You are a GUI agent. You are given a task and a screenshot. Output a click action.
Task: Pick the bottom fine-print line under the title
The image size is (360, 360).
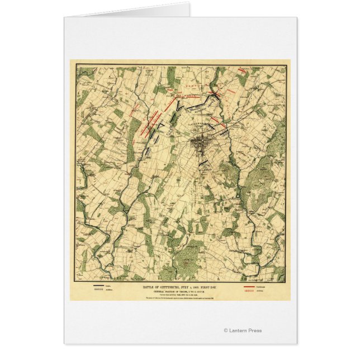[x=179, y=298]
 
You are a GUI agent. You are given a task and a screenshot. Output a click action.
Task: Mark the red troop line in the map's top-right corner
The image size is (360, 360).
[x=243, y=70]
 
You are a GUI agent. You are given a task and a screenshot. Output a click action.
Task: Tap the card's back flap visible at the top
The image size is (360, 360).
[x=129, y=11]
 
